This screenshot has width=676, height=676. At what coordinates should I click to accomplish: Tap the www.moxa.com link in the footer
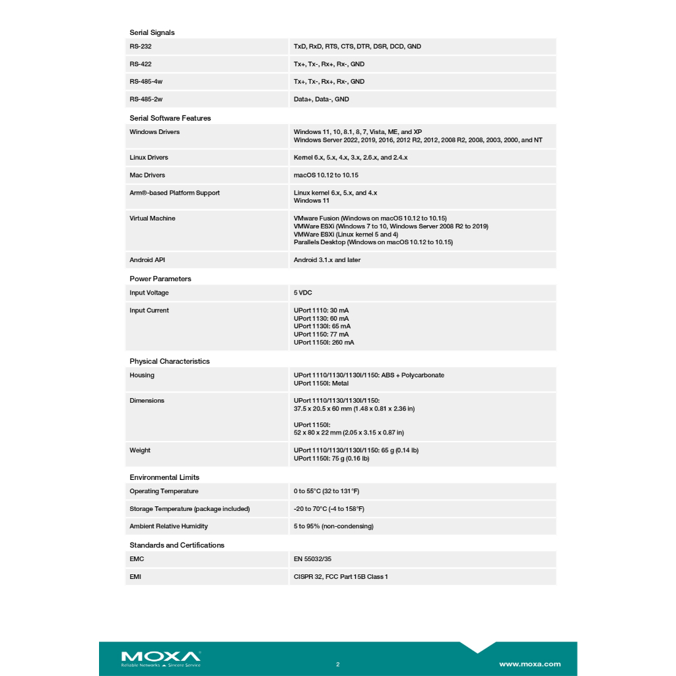tap(529, 664)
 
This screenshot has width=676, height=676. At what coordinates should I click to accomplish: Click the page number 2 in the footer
tap(337, 664)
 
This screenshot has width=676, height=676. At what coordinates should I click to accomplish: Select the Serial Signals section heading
tap(152, 32)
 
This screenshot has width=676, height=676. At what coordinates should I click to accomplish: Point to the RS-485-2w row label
tap(146, 100)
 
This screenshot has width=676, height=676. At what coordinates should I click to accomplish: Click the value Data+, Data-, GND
tap(321, 100)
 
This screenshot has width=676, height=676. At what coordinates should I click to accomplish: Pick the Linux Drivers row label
tap(149, 158)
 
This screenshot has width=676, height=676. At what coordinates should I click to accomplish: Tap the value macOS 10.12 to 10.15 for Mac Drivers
tap(326, 176)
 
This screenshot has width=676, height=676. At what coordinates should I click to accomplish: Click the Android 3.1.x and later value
tap(327, 260)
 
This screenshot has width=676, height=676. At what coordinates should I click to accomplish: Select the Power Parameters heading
tap(160, 279)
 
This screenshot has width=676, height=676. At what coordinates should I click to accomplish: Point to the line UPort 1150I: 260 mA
tap(323, 343)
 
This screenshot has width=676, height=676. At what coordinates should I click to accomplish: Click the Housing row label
tap(142, 376)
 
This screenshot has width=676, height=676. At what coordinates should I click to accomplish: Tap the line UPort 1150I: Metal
tap(321, 384)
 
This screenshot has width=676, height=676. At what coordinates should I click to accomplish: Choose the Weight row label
tap(140, 451)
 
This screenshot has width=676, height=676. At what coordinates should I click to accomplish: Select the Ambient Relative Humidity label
tap(168, 527)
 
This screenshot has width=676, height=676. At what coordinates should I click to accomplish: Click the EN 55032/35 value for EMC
tap(312, 559)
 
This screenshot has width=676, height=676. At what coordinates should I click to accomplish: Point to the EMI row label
tap(135, 577)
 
